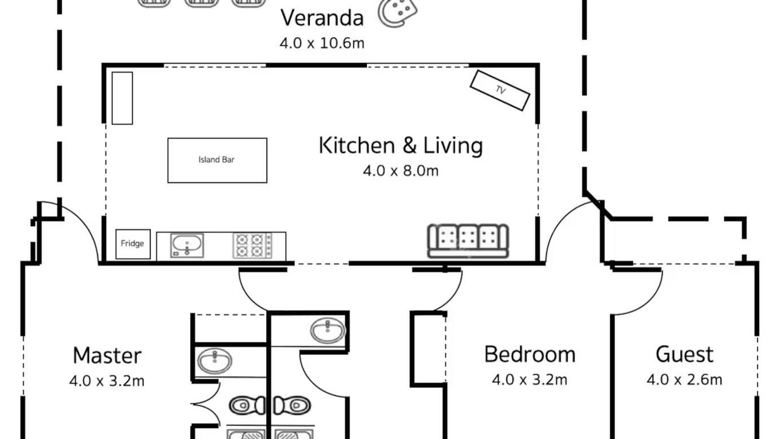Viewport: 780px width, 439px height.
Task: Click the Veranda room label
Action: pyautogui.click(x=322, y=18)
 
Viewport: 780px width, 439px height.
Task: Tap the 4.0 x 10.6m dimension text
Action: pyautogui.click(x=322, y=43)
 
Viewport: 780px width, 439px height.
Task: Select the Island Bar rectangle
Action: pyautogui.click(x=218, y=160)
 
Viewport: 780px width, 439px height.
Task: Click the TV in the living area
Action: pyautogui.click(x=500, y=90)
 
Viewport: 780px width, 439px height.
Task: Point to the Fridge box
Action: pyautogui.click(x=133, y=244)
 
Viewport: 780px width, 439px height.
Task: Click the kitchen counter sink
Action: pyautogui.click(x=187, y=246)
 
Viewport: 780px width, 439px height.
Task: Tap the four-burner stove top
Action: pyautogui.click(x=252, y=246)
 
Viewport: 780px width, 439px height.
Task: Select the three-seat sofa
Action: pyautogui.click(x=468, y=241)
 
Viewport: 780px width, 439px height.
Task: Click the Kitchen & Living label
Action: pyautogui.click(x=401, y=145)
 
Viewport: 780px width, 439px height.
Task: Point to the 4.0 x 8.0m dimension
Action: pyautogui.click(x=401, y=171)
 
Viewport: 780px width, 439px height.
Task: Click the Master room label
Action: pyautogui.click(x=107, y=355)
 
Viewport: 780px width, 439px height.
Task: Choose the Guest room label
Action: pyautogui.click(x=684, y=354)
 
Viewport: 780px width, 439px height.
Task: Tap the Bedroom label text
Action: pyautogui.click(x=530, y=354)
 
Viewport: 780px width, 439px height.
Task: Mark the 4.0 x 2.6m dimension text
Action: pyautogui.click(x=684, y=379)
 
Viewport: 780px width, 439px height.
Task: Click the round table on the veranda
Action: pyautogui.click(x=397, y=13)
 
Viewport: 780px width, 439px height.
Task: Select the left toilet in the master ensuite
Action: pyautogui.click(x=247, y=405)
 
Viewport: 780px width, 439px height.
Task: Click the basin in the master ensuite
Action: pyautogui.click(x=214, y=361)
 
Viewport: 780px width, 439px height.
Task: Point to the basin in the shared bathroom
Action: pyautogui.click(x=328, y=330)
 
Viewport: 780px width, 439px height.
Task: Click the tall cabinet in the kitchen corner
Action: pyautogui.click(x=122, y=98)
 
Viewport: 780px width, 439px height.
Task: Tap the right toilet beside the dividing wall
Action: pyautogui.click(x=292, y=405)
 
